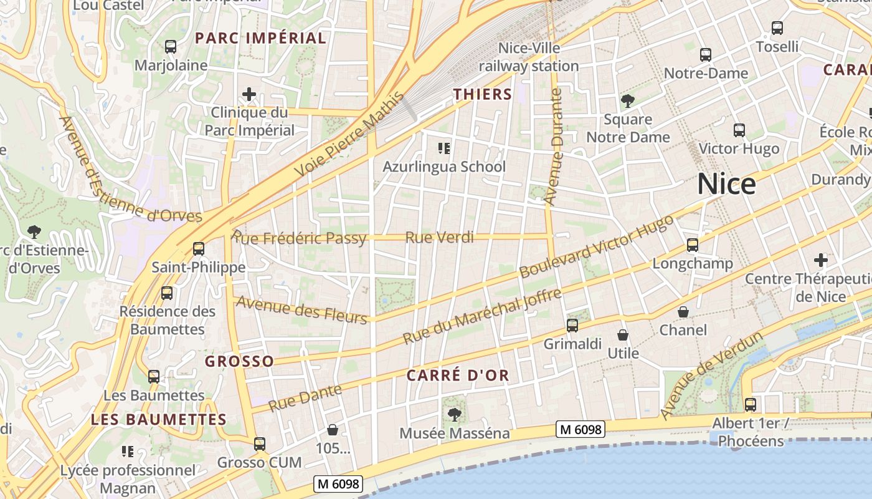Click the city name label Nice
[726, 184]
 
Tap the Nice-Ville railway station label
[529, 57]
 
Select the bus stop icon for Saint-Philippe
[199, 248]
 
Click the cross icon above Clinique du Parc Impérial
[249, 95]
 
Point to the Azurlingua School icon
[444, 148]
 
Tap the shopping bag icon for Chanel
[683, 311]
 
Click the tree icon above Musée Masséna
[455, 414]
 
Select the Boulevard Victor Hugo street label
[596, 246]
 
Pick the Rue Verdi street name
[439, 238]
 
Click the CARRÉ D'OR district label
[458, 375]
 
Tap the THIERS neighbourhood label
[482, 94]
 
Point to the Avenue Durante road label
[554, 147]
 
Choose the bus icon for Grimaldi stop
[572, 325]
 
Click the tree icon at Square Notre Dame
[627, 101]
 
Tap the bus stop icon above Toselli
[777, 28]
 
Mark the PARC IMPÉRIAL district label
[260, 38]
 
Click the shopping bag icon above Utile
[622, 335]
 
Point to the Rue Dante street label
[305, 398]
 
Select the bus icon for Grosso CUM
[259, 444]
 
